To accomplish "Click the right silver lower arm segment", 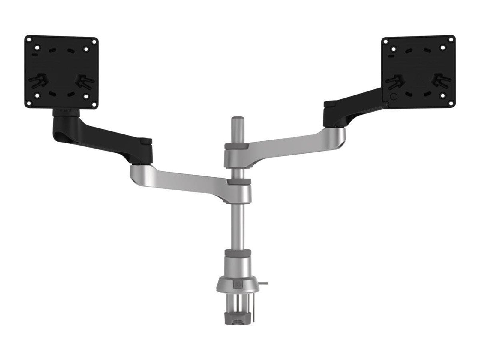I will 288,147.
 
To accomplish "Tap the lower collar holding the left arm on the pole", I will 239,182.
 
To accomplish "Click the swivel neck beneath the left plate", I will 66,112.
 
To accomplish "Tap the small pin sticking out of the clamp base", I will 265,283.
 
